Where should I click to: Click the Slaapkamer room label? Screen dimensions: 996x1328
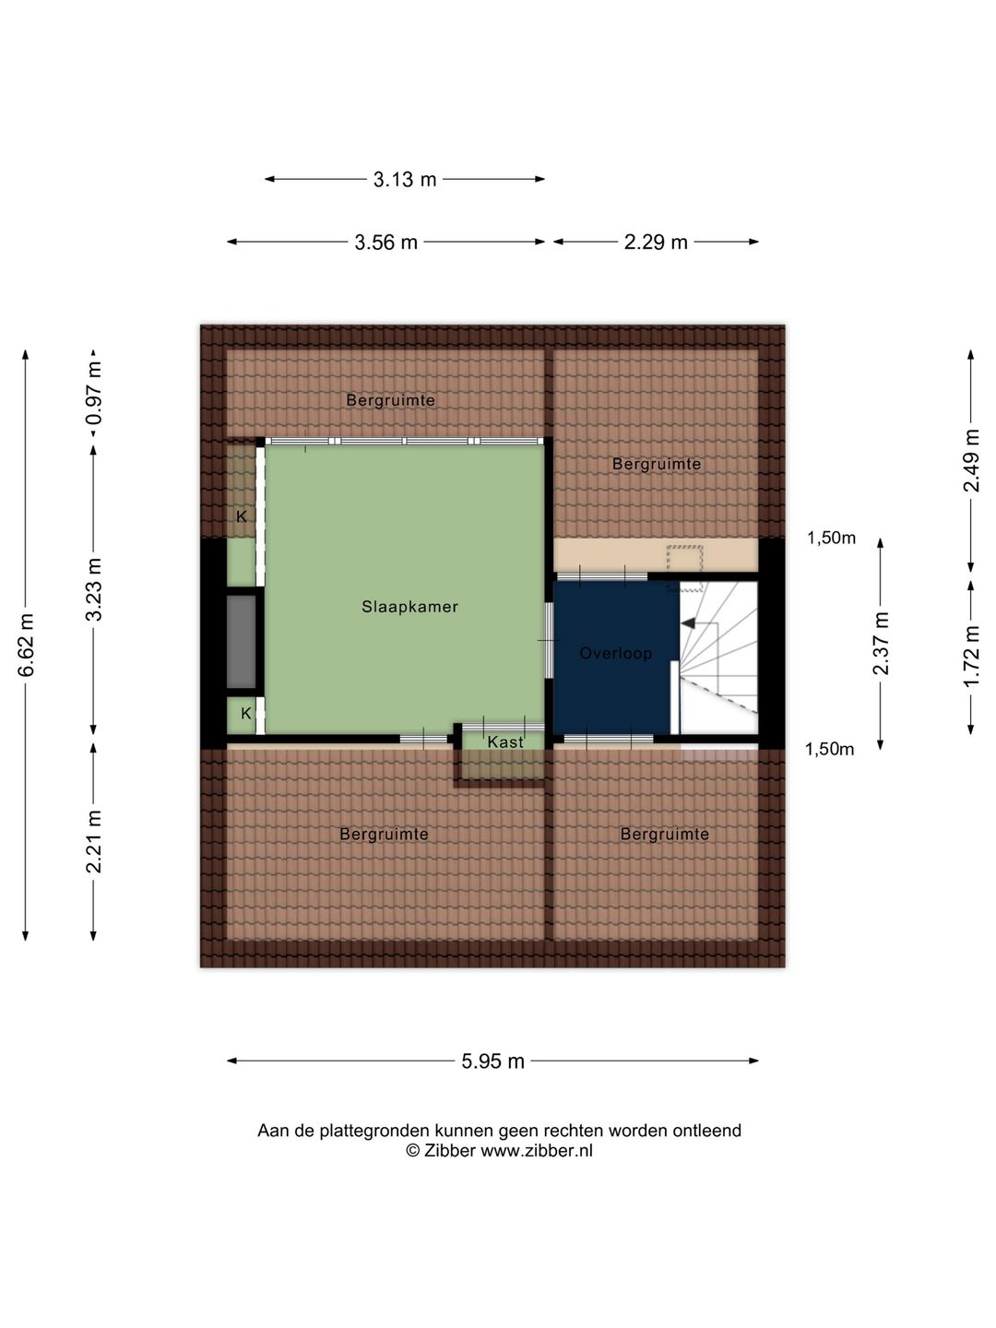pyautogui.click(x=409, y=607)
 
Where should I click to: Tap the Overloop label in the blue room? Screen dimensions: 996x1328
pyautogui.click(x=616, y=654)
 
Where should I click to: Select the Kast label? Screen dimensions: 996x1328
pyautogui.click(x=505, y=741)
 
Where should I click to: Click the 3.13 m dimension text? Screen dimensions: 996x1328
pyautogui.click(x=405, y=180)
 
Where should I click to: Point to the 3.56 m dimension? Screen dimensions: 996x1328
pyautogui.click(x=385, y=243)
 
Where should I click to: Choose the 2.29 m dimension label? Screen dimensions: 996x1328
pyautogui.click(x=656, y=243)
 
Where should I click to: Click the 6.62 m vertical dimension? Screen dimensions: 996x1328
pyautogui.click(x=26, y=645)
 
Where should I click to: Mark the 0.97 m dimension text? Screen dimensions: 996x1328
pyautogui.click(x=94, y=393)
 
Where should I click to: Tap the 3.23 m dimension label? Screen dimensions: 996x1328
pyautogui.click(x=94, y=590)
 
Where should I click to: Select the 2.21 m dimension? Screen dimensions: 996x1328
pyautogui.click(x=94, y=842)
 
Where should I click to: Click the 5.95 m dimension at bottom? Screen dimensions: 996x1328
pyautogui.click(x=492, y=1061)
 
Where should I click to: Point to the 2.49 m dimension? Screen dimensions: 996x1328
pyautogui.click(x=971, y=460)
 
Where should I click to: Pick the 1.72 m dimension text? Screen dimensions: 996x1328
pyautogui.click(x=971, y=657)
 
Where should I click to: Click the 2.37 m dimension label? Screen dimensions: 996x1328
pyautogui.click(x=881, y=644)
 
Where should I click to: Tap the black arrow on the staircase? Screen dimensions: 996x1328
pyautogui.click(x=689, y=623)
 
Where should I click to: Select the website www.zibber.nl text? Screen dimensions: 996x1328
pyautogui.click(x=537, y=1151)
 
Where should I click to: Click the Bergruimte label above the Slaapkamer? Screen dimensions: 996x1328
pyautogui.click(x=391, y=400)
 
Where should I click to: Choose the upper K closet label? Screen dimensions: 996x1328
pyautogui.click(x=242, y=516)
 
